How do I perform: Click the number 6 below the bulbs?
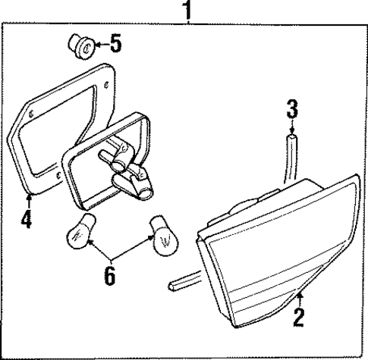(109, 277)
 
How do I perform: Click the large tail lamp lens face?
(281, 265)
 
